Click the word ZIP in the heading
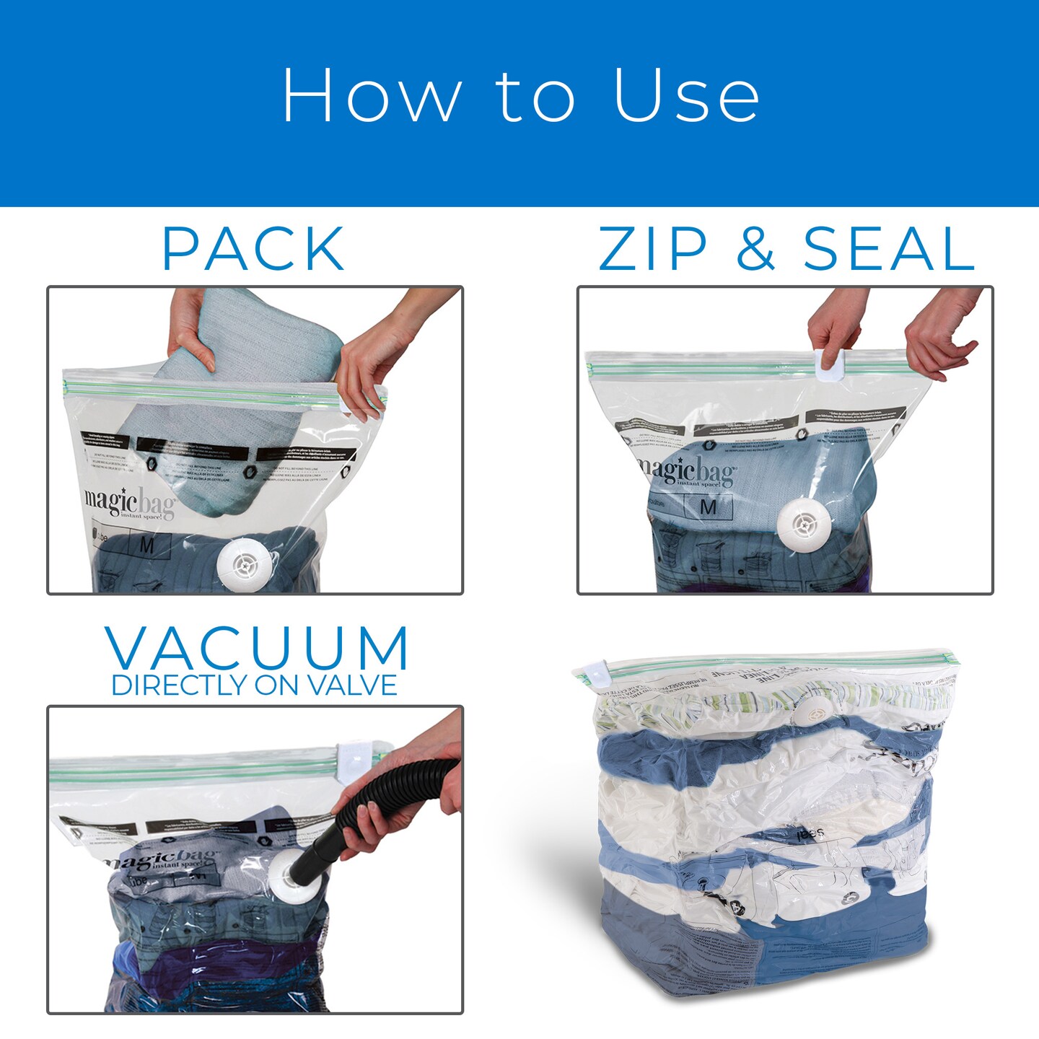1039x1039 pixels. click(x=652, y=249)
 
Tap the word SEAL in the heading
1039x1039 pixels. click(x=889, y=249)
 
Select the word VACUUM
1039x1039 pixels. click(x=258, y=649)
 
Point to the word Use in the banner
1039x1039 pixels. click(x=686, y=96)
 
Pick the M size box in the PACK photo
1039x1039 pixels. click(x=146, y=545)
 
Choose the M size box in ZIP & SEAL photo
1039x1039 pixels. click(x=708, y=507)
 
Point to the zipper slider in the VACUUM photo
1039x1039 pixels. click(x=356, y=753)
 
